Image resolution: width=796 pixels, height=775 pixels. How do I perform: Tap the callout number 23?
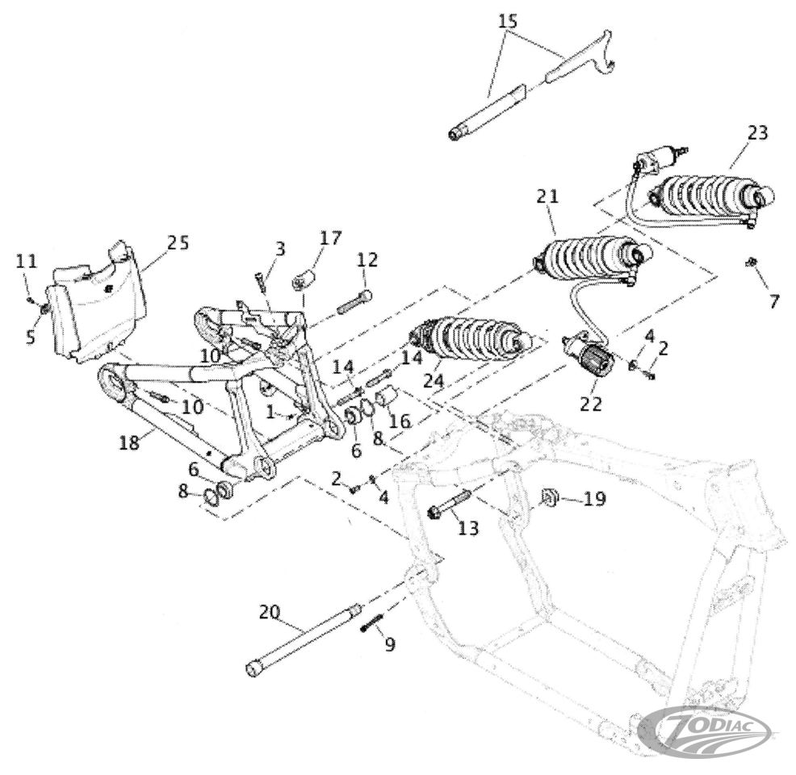tap(756, 133)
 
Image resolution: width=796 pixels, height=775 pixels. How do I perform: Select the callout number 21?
tap(547, 196)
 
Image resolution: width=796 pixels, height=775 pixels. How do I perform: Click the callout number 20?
tap(269, 612)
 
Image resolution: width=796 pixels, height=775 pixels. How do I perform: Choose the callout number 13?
tap(468, 529)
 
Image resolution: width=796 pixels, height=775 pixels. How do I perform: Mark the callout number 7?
tap(774, 301)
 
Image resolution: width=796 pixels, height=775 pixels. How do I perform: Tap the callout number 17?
tap(331, 238)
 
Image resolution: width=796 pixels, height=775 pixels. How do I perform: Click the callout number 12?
tap(367, 260)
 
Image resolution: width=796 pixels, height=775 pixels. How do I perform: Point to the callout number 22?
tap(591, 404)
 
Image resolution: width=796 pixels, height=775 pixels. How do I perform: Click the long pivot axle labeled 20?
tap(303, 638)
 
